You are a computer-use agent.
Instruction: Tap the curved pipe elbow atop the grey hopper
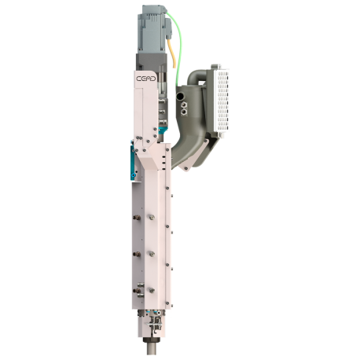click(195, 79)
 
